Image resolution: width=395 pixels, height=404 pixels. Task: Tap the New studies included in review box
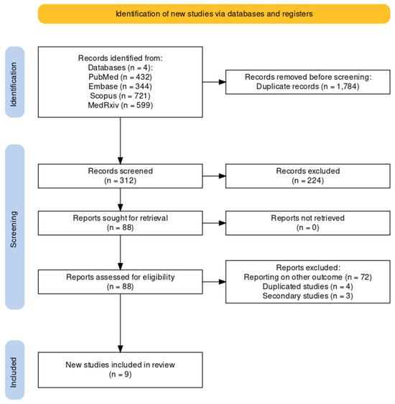point(121,370)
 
